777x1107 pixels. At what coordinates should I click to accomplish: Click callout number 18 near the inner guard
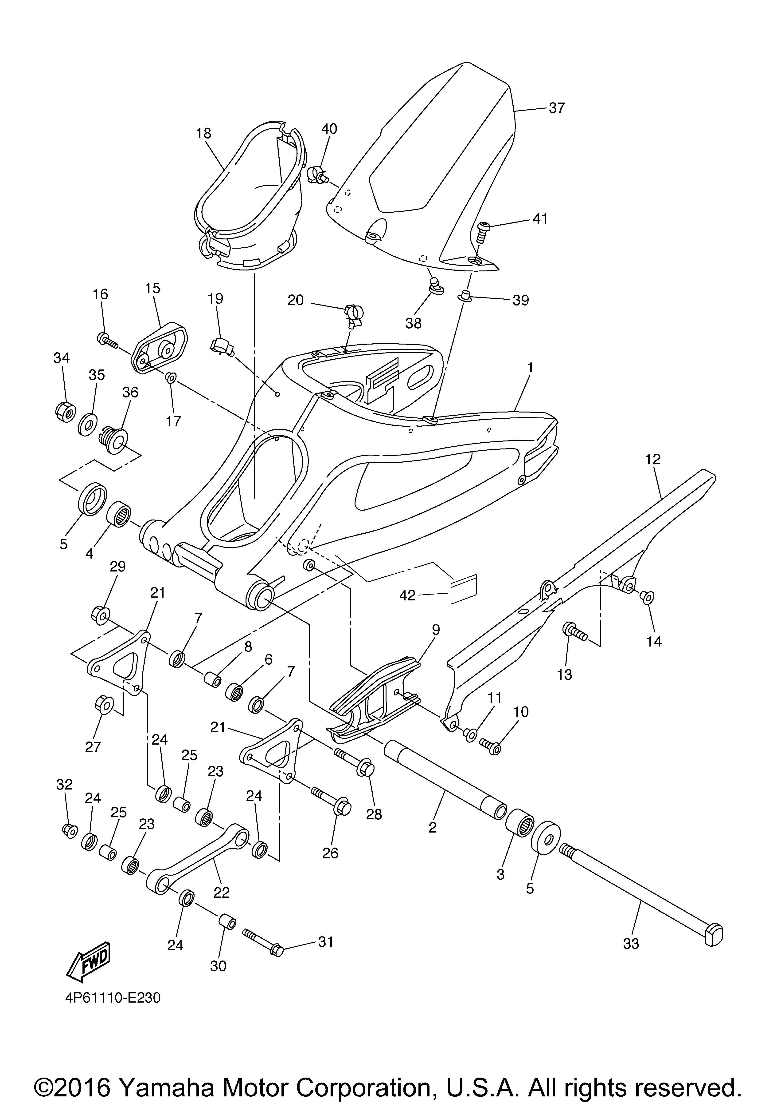(204, 134)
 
